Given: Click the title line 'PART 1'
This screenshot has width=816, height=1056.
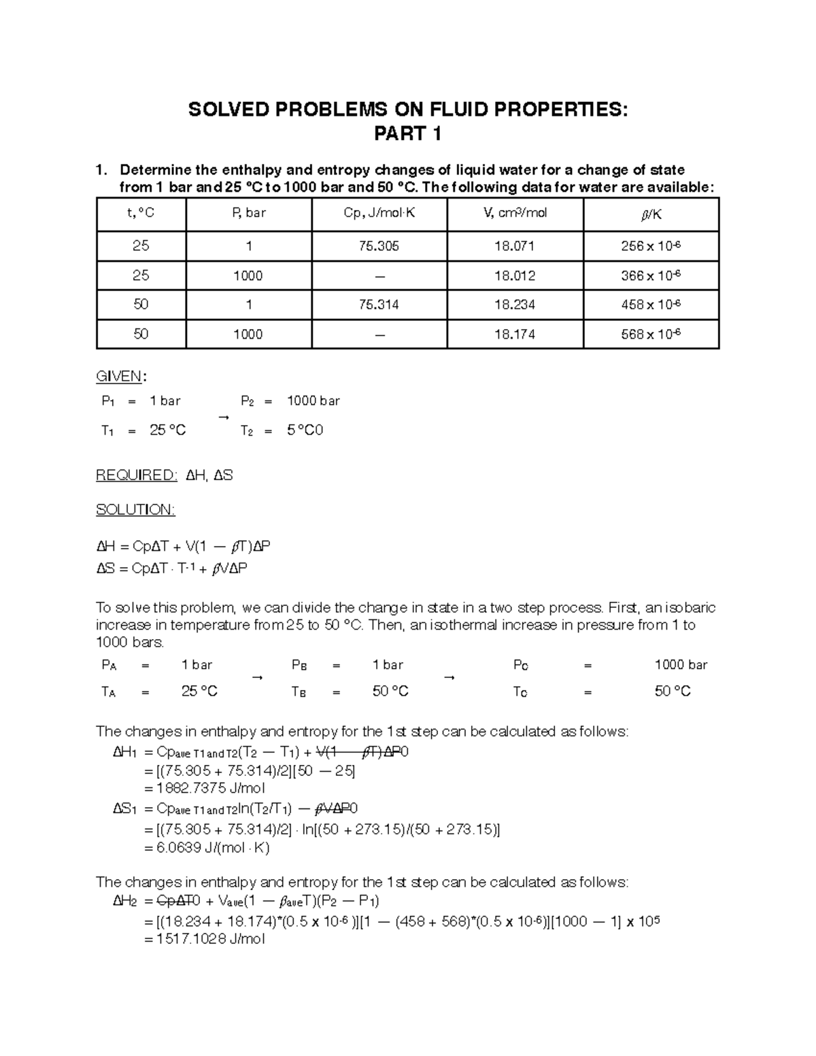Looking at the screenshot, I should pyautogui.click(x=407, y=135).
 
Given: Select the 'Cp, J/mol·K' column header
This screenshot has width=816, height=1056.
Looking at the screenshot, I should pyautogui.click(x=379, y=214).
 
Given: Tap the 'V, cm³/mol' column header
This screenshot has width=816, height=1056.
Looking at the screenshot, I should pyautogui.click(x=515, y=214).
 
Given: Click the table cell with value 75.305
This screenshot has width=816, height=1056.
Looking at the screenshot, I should pyautogui.click(x=379, y=246).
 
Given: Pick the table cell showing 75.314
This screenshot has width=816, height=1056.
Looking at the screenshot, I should pyautogui.click(x=379, y=305).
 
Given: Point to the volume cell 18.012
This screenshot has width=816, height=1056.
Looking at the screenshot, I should pyautogui.click(x=515, y=276).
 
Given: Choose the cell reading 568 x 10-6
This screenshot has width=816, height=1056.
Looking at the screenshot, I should pyautogui.click(x=651, y=334).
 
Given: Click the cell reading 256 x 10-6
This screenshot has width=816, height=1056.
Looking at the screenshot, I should pyautogui.click(x=651, y=246).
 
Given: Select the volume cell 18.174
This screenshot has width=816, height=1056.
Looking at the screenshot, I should pyautogui.click(x=515, y=335).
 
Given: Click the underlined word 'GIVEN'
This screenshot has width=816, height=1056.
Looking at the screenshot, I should pyautogui.click(x=119, y=377).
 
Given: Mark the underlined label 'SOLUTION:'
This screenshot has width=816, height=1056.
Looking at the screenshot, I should pyautogui.click(x=135, y=510).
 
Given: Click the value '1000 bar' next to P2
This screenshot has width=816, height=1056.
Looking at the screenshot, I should pyautogui.click(x=313, y=401).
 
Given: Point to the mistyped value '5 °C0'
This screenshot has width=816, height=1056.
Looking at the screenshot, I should pyautogui.click(x=305, y=430).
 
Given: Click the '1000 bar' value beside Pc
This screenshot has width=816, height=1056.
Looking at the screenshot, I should pyautogui.click(x=681, y=665).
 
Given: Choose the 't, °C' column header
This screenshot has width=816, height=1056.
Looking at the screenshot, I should pyautogui.click(x=141, y=214).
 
